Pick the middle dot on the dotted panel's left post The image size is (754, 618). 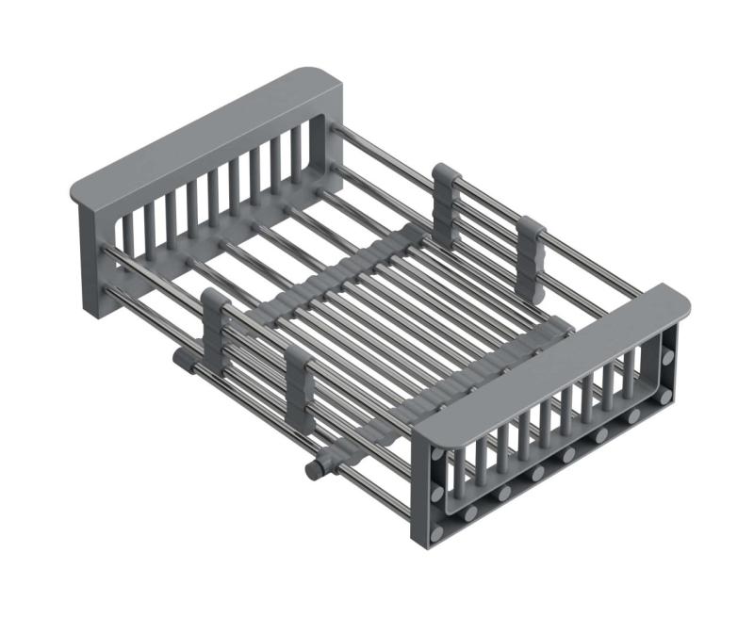click(x=437, y=494)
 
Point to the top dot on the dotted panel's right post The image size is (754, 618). click(x=668, y=358)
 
